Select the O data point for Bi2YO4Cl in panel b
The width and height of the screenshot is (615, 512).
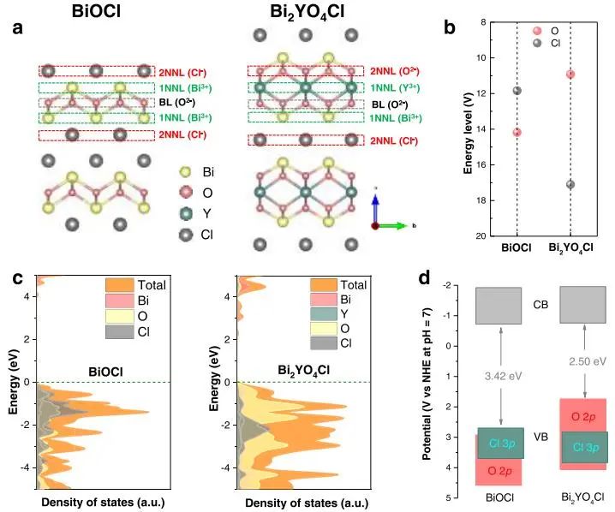pyautogui.click(x=570, y=74)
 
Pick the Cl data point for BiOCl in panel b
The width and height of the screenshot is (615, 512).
pyautogui.click(x=516, y=91)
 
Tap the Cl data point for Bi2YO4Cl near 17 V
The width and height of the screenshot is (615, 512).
pyautogui.click(x=570, y=184)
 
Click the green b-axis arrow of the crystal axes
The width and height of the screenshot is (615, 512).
pyautogui.click(x=397, y=226)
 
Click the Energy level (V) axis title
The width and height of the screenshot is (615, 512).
pyautogui.click(x=469, y=128)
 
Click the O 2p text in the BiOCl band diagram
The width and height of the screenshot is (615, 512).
pyautogui.click(x=499, y=469)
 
